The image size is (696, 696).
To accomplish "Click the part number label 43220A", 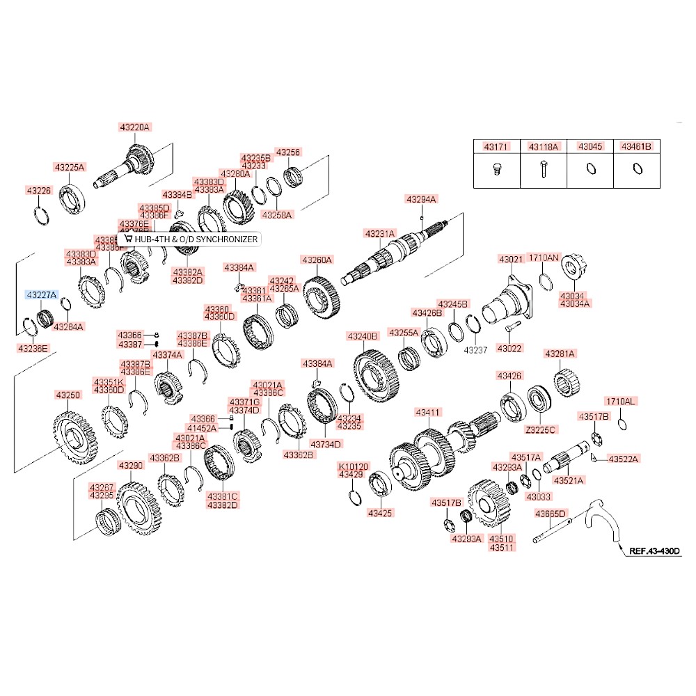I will point(134,127).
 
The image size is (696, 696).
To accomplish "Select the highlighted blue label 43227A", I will point(42,295).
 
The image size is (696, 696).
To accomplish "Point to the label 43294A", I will point(421,199).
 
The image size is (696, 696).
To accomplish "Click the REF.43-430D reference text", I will point(654,551).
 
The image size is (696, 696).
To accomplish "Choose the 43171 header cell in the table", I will point(497,148).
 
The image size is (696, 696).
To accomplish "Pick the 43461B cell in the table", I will point(636,148).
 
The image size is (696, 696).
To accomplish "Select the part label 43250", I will point(68,395).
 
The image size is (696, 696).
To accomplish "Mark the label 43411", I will point(427,413).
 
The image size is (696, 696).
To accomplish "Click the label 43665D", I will point(551,514).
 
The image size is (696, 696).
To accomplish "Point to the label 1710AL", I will point(620,402).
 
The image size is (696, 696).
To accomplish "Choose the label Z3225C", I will point(540,429).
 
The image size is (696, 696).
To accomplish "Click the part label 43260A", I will point(317,260).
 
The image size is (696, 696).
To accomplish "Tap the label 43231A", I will point(379,233).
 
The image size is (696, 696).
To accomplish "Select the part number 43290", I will point(130,465).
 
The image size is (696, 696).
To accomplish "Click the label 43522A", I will point(623,458).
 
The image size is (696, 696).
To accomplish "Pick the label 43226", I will point(39,190).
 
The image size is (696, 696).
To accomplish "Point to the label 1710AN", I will point(543,258).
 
